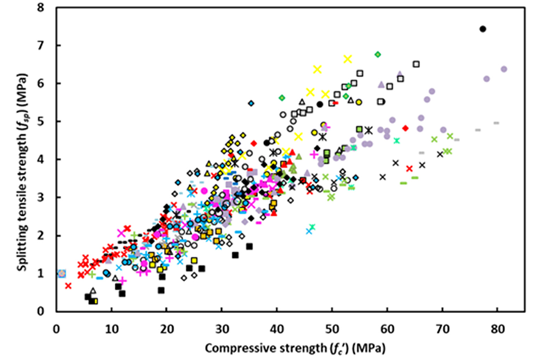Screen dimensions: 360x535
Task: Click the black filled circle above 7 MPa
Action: coord(483,29)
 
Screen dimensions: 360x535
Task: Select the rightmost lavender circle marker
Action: coord(504,69)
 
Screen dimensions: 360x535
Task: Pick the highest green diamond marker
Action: coord(377,54)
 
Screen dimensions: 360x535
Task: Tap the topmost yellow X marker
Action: coord(348,59)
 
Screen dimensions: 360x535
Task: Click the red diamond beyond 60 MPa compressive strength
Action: coord(405,128)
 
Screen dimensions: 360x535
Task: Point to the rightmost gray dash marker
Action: coord(496,123)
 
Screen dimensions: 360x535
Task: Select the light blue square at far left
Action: coord(62,273)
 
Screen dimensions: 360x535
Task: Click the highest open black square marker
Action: coord(416,64)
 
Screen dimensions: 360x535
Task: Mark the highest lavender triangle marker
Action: coord(400,73)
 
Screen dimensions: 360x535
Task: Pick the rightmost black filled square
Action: coord(249,246)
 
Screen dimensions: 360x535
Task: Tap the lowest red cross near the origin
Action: coord(68,285)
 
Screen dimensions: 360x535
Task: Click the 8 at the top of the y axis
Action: coord(42,8)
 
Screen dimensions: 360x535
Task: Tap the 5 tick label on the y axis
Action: coord(42,122)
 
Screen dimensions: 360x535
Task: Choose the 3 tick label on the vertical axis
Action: coord(42,197)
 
